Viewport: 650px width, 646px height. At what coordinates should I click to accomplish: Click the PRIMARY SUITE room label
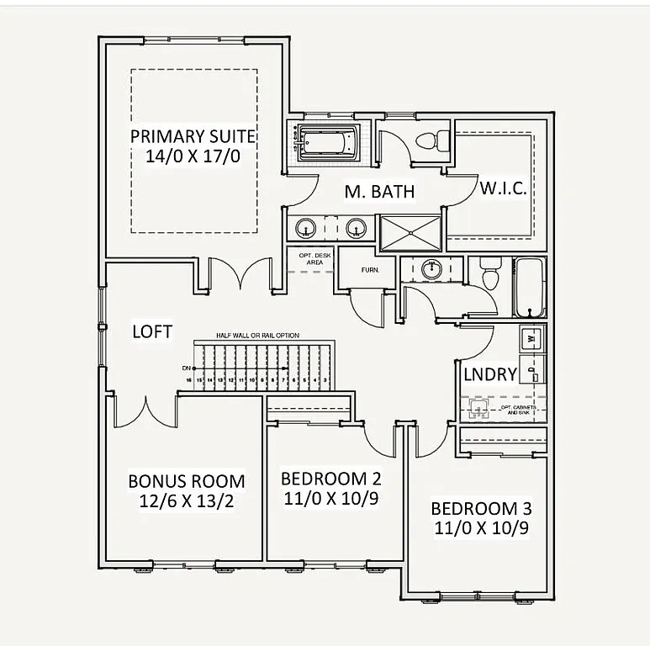[x=193, y=136]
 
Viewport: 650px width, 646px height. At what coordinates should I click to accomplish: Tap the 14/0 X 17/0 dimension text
[x=193, y=157]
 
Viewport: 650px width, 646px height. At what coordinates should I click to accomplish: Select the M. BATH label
[x=379, y=192]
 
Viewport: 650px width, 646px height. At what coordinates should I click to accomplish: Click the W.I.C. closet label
[x=503, y=188]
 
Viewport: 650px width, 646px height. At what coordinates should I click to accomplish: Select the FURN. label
[x=371, y=270]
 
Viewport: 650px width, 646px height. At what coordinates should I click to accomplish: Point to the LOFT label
[x=152, y=331]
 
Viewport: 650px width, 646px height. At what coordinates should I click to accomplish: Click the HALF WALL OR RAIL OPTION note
[x=257, y=335]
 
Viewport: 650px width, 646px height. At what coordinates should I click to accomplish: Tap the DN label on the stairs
[x=186, y=368]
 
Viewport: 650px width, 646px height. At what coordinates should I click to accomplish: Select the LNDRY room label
[x=489, y=374]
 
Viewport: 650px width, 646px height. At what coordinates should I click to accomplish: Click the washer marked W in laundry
[x=531, y=338]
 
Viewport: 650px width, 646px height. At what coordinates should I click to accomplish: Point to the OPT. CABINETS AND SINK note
[x=518, y=410]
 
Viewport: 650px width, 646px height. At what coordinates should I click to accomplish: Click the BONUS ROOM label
[x=186, y=481]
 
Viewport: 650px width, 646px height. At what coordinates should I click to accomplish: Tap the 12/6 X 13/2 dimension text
[x=186, y=501]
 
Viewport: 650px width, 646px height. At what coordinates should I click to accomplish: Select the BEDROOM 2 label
[x=330, y=479]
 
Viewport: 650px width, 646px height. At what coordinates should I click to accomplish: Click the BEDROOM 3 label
[x=480, y=509]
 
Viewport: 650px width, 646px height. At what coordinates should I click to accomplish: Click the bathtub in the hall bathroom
[x=529, y=288]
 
